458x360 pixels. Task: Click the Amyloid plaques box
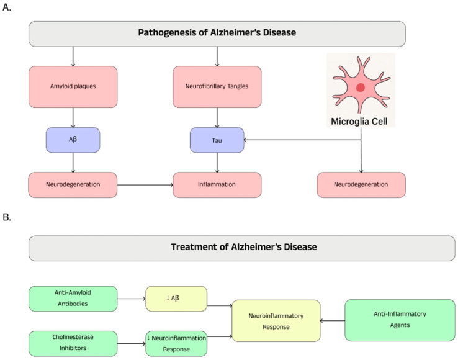tap(73, 87)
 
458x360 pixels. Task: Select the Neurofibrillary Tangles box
tap(217, 87)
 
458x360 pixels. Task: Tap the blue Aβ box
tap(73, 140)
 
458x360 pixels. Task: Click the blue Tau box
tap(217, 140)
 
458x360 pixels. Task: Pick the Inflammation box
tap(217, 185)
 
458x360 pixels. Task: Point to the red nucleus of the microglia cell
tap(361, 88)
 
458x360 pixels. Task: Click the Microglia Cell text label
tap(359, 121)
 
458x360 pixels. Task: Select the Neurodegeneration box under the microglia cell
tap(361, 185)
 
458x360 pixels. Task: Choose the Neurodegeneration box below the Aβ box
tap(73, 185)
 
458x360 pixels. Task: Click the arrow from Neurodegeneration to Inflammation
tap(145, 185)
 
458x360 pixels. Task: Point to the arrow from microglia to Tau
tap(303, 140)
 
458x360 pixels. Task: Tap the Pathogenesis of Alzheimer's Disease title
tap(217, 32)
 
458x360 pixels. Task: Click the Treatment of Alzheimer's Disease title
tap(244, 247)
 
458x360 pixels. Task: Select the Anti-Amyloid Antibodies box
tap(73, 299)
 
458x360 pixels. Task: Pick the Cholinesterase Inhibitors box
tap(73, 344)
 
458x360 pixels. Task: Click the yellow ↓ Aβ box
tap(176, 299)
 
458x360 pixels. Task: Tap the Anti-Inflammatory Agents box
tap(400, 320)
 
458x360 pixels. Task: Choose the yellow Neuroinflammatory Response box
tap(276, 321)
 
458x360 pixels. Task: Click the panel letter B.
tap(7, 217)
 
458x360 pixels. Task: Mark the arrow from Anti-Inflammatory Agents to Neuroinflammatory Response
tap(333, 321)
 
